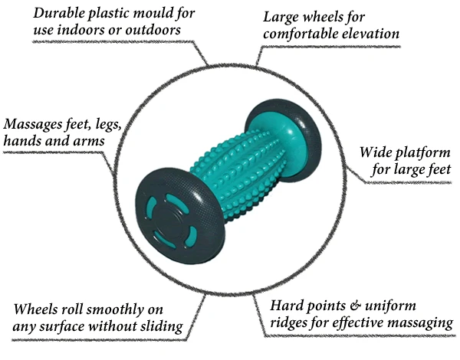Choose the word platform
pyautogui.click(x=426, y=151)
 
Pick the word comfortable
pyautogui.click(x=297, y=34)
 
